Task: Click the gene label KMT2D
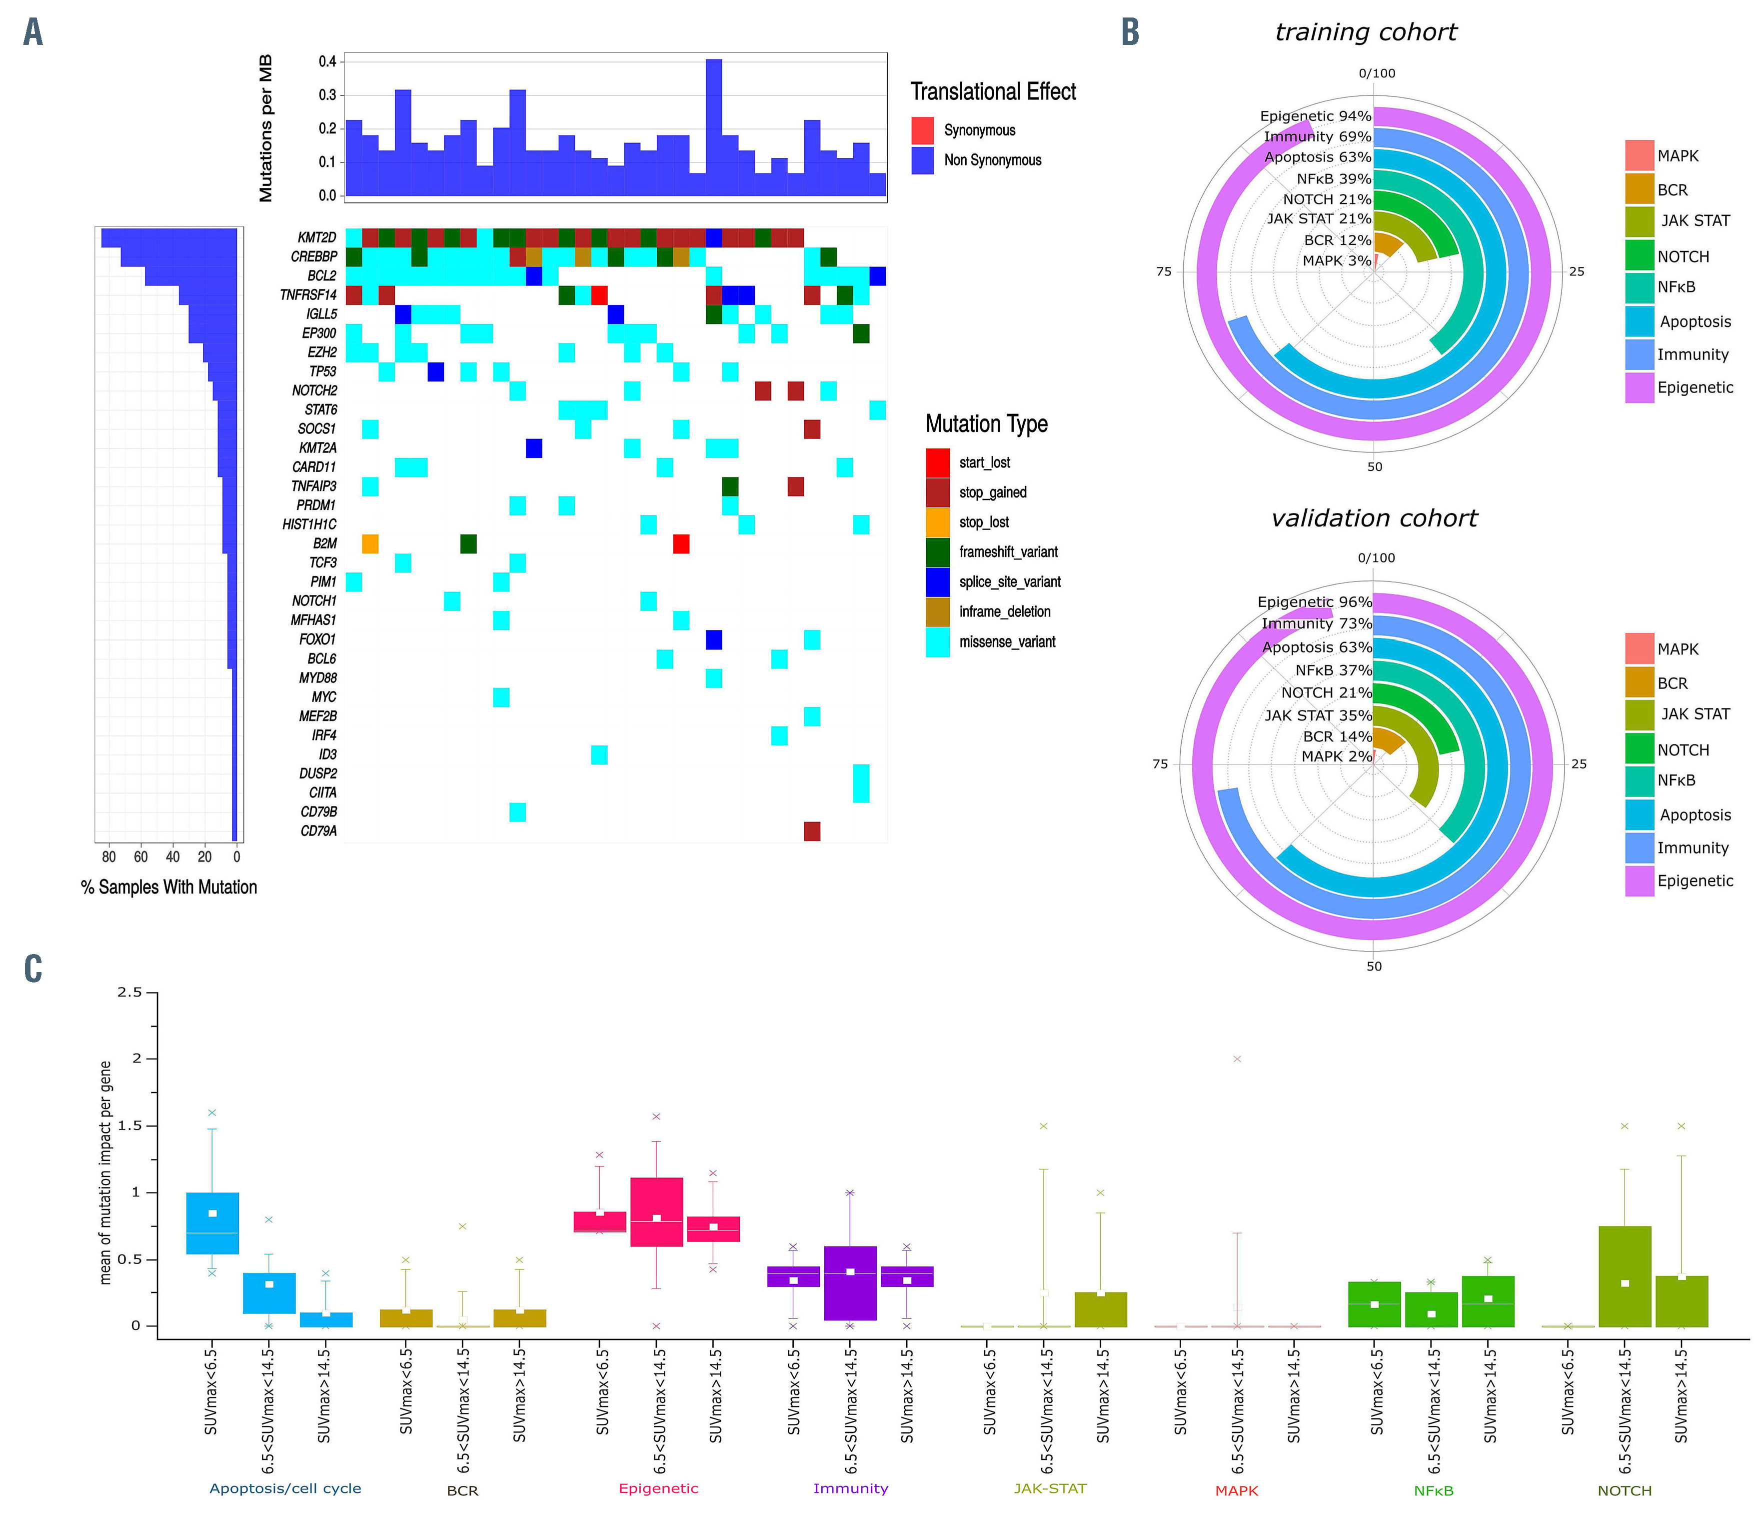[x=316, y=237]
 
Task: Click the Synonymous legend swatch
[x=922, y=130]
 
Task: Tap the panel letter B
[x=1130, y=32]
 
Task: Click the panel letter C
[x=33, y=968]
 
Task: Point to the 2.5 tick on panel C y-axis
[x=129, y=992]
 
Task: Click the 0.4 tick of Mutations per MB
[x=327, y=61]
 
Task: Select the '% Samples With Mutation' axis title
[x=168, y=886]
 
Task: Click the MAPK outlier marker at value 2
[x=1237, y=1058]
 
